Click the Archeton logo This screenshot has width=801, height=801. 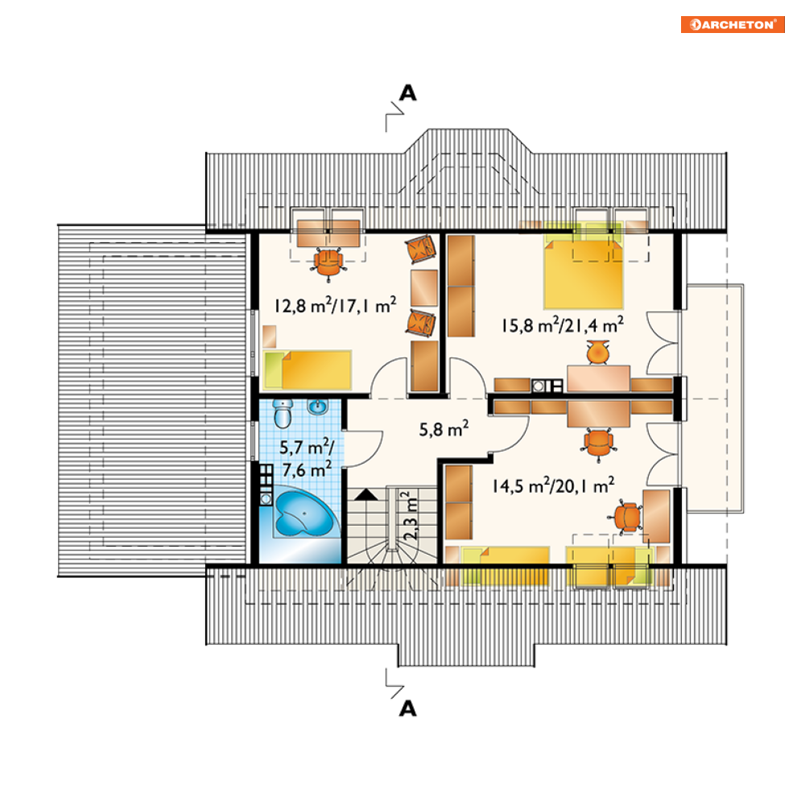[733, 24]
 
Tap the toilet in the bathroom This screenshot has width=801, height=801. [283, 413]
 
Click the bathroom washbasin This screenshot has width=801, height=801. [318, 407]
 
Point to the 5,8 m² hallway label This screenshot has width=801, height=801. [444, 430]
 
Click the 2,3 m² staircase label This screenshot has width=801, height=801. [411, 516]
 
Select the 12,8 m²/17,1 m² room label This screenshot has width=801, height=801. [335, 305]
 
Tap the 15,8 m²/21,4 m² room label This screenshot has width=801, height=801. [563, 325]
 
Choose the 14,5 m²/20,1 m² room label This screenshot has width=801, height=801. [553, 485]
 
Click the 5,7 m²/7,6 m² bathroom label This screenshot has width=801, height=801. [306, 458]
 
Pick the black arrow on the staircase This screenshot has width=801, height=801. [365, 494]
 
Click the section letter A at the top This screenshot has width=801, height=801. [407, 93]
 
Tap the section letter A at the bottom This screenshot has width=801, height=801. [407, 708]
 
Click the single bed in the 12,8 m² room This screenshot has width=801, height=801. [308, 370]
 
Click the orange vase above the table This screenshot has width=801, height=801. [597, 352]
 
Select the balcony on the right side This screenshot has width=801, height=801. [713, 398]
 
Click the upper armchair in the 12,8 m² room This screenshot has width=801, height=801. [421, 249]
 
